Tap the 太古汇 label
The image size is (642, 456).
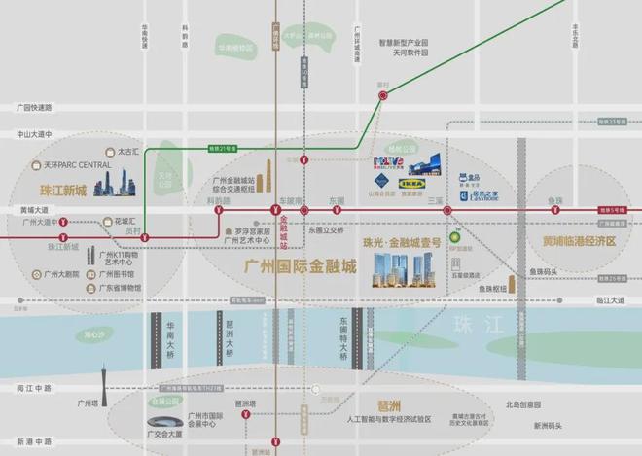point(129,152)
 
